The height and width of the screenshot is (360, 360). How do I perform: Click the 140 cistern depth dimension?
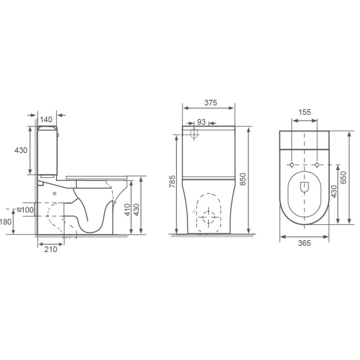[46, 119]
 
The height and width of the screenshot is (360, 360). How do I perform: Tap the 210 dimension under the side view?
[50, 249]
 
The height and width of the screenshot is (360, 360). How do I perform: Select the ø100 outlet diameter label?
[25, 210]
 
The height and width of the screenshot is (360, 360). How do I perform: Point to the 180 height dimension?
[6, 222]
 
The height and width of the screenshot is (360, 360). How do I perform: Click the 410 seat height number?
[127, 210]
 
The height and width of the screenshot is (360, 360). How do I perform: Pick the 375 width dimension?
[210, 103]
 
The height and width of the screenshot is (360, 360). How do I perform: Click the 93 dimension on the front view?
[202, 122]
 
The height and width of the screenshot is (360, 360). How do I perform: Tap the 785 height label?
[172, 182]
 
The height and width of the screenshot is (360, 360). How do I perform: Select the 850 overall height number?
[242, 179]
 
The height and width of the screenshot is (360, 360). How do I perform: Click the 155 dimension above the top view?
[304, 112]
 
